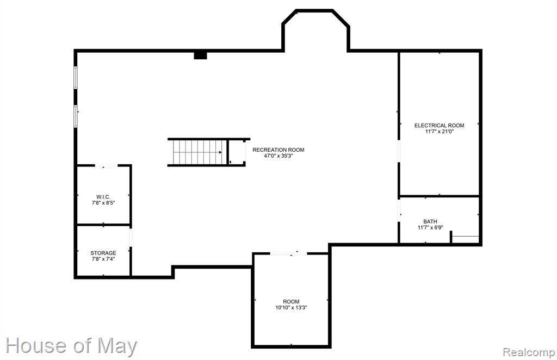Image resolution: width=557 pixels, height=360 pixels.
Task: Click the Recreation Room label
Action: [278, 150]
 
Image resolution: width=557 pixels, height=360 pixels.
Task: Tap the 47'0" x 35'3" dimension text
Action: [278, 156]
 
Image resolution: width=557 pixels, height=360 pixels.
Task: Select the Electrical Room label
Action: [439, 125]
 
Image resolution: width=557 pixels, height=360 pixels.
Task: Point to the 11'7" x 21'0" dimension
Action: [440, 132]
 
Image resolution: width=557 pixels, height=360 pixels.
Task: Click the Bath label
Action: [430, 221]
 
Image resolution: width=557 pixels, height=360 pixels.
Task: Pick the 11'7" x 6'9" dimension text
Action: [430, 227]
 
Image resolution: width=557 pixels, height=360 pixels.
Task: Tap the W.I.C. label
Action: [103, 197]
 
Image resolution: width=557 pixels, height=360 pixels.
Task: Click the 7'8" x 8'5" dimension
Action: [103, 203]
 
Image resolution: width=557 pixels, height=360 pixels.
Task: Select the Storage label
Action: [103, 253]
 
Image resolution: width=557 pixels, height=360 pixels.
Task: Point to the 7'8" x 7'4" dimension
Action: [103, 259]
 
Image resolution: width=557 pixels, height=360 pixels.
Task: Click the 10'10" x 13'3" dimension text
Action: [291, 307]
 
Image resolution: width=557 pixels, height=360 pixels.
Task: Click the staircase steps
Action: [197, 152]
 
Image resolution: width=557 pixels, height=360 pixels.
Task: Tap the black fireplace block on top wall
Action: [200, 55]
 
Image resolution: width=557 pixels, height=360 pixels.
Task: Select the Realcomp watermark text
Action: [529, 352]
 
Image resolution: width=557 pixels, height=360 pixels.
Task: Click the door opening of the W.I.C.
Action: [106, 165]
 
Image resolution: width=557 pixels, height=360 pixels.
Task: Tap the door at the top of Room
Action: [288, 253]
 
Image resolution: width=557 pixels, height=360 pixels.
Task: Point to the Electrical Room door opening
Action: [399, 151]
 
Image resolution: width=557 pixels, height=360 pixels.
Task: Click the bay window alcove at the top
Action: [315, 30]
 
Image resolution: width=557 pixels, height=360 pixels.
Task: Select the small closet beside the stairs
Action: [237, 152]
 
